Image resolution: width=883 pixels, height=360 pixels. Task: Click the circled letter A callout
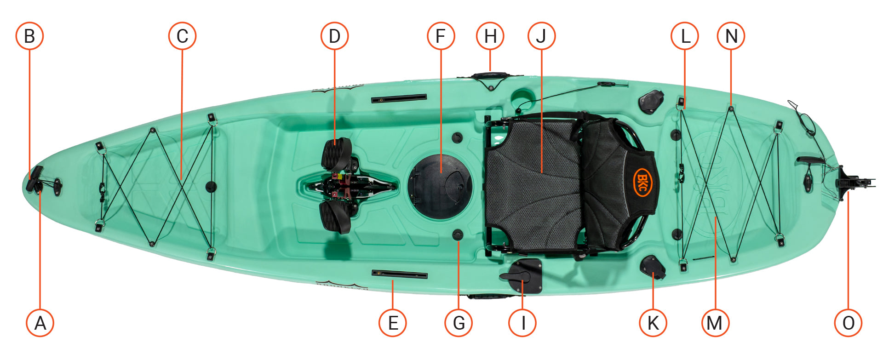point(40,323)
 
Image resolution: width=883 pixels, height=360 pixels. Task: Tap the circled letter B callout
point(29,36)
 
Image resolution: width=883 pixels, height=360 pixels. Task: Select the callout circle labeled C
point(182,36)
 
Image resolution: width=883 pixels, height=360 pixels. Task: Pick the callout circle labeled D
point(334,36)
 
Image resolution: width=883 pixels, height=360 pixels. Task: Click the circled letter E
point(392,323)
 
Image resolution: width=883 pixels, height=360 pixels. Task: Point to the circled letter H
point(490,36)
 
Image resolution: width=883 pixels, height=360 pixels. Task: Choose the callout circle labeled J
point(541,36)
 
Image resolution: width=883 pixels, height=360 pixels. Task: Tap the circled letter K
point(653,323)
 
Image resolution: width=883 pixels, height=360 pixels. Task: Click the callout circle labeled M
point(715,323)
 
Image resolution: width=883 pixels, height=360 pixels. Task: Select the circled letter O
point(848,323)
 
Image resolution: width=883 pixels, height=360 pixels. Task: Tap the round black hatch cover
point(440,187)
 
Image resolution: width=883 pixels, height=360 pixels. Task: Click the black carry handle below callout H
point(490,75)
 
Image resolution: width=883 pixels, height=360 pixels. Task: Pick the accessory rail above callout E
point(400,275)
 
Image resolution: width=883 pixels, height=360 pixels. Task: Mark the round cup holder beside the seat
point(521,98)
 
